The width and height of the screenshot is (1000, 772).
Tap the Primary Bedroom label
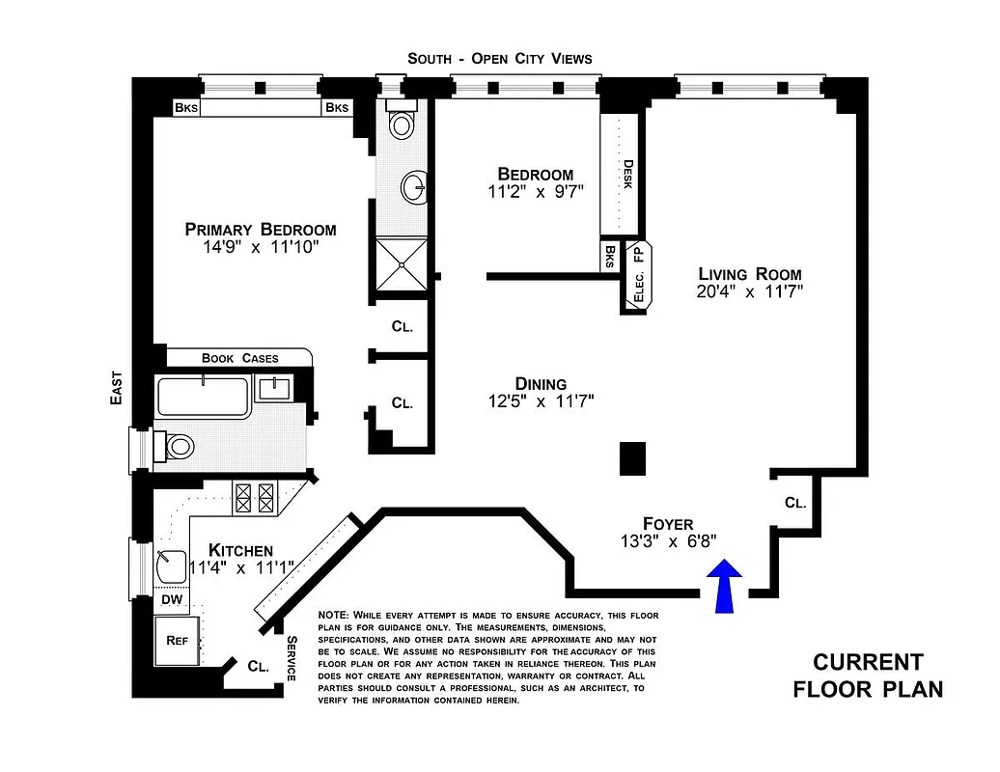tap(261, 230)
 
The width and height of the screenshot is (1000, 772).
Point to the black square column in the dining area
tap(632, 457)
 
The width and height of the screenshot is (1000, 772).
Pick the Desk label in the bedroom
tap(627, 174)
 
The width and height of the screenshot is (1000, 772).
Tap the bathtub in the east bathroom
tap(203, 397)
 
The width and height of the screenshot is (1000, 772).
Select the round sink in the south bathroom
tap(416, 187)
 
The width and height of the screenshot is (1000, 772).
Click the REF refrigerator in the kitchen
tap(178, 639)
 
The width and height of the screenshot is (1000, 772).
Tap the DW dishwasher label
tap(172, 600)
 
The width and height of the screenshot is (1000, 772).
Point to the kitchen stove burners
tap(256, 498)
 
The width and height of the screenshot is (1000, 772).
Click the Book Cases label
tap(239, 358)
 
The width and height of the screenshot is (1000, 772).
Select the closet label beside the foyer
tap(794, 503)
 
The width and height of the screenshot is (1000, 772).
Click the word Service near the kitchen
tap(291, 659)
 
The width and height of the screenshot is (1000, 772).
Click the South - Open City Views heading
tap(499, 59)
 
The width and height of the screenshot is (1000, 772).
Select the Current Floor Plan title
tap(867, 675)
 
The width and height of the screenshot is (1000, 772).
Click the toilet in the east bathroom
tap(178, 447)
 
